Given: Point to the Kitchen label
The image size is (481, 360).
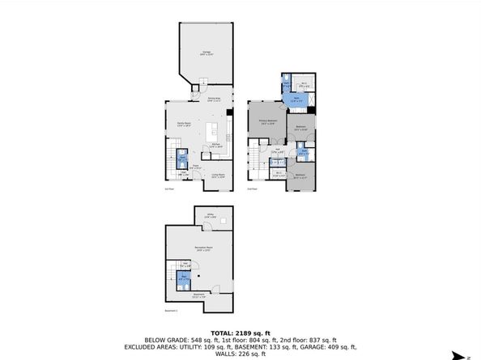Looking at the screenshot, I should click(x=217, y=146).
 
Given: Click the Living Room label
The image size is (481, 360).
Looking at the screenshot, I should click(x=219, y=175).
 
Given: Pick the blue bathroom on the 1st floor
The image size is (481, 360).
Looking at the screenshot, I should click(x=182, y=158).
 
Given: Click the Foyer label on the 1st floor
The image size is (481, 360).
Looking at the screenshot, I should click(x=195, y=167).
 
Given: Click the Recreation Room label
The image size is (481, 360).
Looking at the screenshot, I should click(x=203, y=249).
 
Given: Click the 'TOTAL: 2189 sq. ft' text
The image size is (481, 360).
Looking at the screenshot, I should click(x=240, y=332).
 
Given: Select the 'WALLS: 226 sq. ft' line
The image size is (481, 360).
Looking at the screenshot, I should click(x=240, y=354).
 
